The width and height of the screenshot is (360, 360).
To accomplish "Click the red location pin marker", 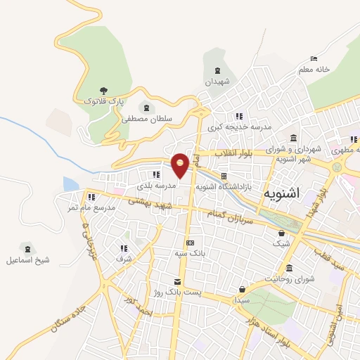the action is [x=181, y=166].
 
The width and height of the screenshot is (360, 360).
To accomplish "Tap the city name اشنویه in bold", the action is [x=289, y=193].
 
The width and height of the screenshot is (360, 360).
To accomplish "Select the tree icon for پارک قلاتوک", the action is [x=103, y=91].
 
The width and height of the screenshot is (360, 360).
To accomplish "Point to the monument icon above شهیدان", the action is [x=217, y=70].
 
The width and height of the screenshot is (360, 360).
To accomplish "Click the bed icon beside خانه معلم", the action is [x=314, y=58].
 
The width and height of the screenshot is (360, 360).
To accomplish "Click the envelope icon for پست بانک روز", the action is [x=166, y=281].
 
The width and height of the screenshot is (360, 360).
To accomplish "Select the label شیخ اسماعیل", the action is [x=28, y=259].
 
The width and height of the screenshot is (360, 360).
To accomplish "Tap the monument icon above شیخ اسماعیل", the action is [x=27, y=248].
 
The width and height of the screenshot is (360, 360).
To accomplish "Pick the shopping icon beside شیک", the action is [x=281, y=234].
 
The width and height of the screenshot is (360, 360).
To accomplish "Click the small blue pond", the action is [x=70, y=184].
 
